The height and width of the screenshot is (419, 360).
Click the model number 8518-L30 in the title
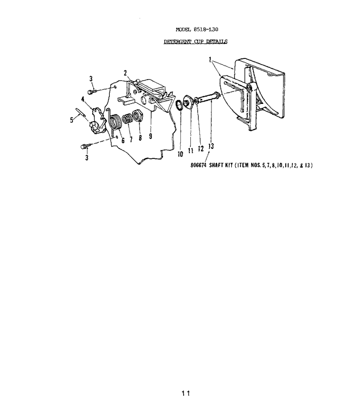(206, 29)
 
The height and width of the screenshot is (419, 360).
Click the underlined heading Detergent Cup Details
(195, 42)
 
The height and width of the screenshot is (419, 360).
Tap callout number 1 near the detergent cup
(210, 59)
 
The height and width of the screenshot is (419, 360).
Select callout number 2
(125, 73)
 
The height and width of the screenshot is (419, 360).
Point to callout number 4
(83, 99)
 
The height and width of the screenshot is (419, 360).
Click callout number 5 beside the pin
(72, 120)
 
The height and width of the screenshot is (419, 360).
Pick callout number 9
(150, 136)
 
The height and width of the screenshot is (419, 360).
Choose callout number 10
(180, 154)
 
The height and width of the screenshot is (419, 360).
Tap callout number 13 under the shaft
(211, 146)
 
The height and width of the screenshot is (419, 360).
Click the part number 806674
(198, 165)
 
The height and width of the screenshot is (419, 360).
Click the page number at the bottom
(185, 393)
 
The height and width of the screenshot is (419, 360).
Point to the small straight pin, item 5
(81, 112)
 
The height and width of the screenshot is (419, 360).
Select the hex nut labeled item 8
(138, 116)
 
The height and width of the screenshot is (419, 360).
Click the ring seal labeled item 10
(180, 105)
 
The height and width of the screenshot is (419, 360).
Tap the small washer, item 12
(196, 100)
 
